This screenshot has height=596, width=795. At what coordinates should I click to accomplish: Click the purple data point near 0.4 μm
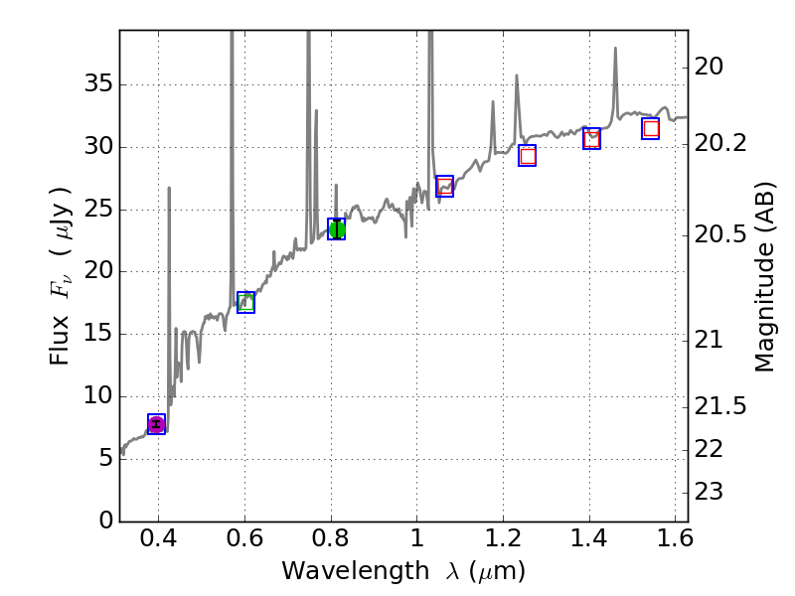pos(156,424)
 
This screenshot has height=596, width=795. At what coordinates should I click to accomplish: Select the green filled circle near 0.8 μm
pos(337,229)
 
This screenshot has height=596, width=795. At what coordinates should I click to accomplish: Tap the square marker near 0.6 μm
pos(246,302)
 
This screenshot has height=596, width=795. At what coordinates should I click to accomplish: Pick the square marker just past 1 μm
pos(444,186)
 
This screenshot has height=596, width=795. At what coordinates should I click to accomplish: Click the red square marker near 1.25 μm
pos(528,155)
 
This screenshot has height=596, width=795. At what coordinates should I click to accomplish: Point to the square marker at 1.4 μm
pos(592,139)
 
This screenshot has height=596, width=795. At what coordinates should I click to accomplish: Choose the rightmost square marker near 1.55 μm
pos(651,128)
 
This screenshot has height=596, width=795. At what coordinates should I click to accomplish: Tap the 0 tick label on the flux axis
pos(103,521)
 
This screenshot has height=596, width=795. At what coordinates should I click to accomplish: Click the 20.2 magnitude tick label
pos(720,143)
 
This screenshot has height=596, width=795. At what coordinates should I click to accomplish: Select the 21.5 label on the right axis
pos(720,406)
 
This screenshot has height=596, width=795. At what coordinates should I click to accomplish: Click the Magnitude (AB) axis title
pos(764,275)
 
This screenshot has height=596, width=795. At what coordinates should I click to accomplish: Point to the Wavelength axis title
pos(402,571)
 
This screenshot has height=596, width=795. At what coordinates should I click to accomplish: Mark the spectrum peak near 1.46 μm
pos(615,49)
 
